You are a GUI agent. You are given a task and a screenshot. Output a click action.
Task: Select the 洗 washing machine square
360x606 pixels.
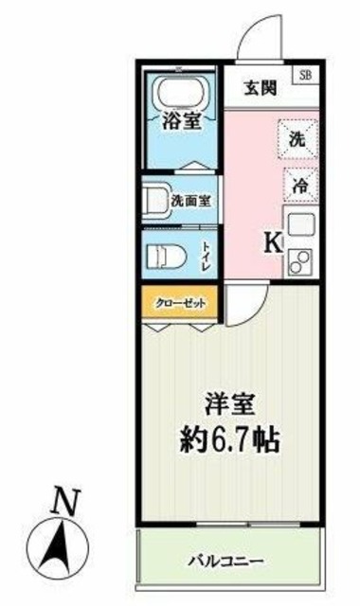[x=297, y=138]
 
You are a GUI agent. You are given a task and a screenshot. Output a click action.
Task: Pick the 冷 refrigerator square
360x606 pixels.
[x=297, y=187]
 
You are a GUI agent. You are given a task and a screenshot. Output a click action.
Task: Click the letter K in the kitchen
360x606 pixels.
[x=270, y=243]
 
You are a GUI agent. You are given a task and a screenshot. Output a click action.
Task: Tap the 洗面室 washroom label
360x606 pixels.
[x=192, y=201]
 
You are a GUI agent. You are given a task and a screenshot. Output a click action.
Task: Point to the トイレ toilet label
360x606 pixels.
[x=207, y=256]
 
